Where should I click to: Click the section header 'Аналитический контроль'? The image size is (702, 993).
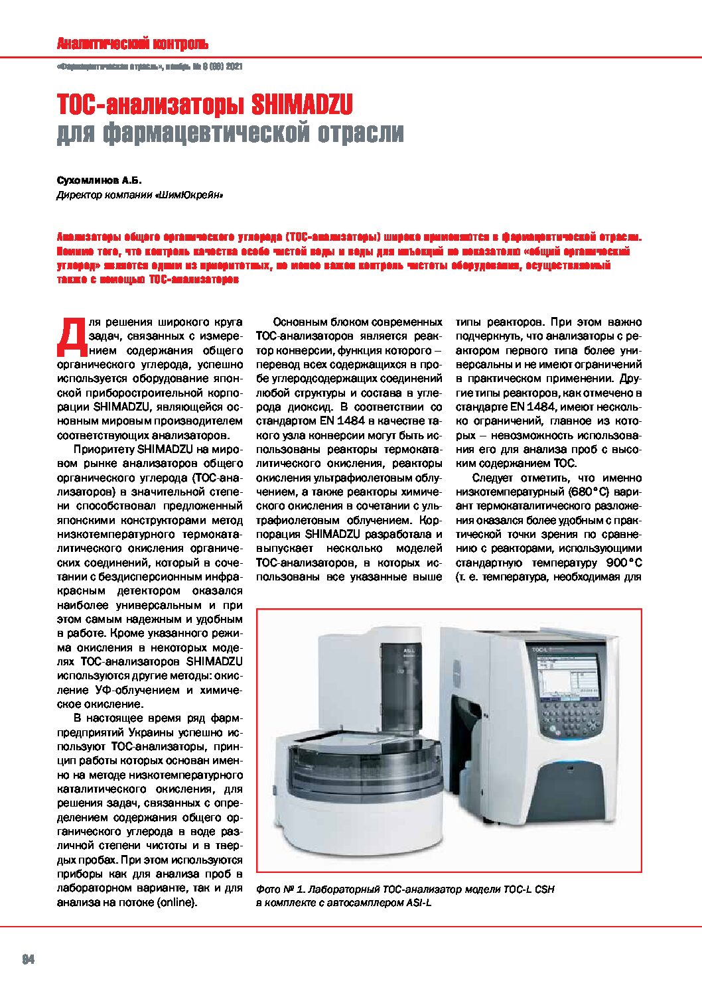point(132,44)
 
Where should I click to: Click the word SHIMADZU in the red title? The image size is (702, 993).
point(302,104)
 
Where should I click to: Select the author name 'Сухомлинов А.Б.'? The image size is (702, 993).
point(100,180)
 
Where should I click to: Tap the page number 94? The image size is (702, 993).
point(28,959)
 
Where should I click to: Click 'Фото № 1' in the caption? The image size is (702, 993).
point(278,890)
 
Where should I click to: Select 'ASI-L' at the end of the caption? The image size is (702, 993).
point(418,903)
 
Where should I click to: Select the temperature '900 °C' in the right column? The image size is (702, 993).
point(624,563)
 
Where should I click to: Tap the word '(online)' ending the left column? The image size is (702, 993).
point(176,902)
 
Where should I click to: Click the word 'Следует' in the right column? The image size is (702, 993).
point(494,478)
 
